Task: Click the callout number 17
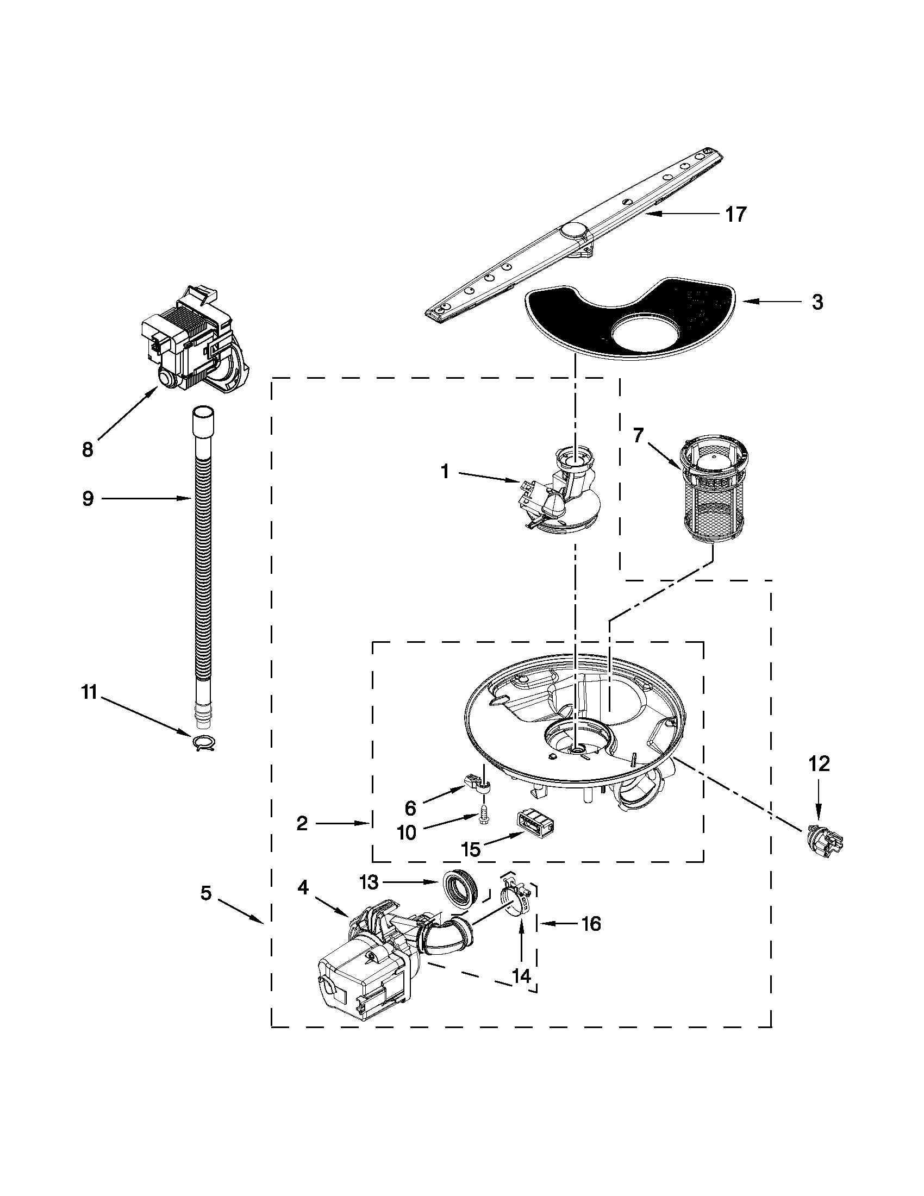coord(735,215)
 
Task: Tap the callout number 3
coord(816,302)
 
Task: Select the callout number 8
coord(88,449)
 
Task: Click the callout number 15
coord(471,849)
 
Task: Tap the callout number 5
coord(206,894)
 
